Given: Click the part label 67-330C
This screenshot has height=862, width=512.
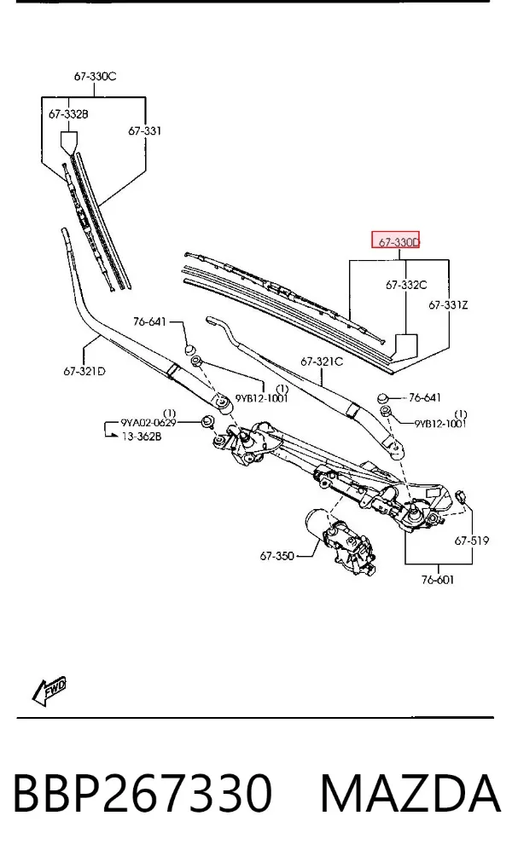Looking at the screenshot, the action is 95,77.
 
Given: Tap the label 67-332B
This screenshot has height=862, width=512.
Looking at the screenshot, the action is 68,114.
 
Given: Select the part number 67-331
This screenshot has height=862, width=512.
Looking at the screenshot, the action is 144,130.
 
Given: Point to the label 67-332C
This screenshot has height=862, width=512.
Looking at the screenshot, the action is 406,285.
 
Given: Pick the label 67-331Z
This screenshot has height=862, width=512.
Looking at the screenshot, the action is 448,304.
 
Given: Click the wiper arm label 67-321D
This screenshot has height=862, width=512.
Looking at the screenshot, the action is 84,371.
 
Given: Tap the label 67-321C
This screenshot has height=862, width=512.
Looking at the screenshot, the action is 322,362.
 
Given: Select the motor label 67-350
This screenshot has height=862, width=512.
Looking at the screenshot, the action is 276,556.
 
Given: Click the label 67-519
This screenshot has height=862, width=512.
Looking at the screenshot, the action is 471,541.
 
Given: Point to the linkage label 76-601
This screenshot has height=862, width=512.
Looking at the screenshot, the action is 438,580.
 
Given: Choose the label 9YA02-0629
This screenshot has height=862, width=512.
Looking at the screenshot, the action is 148,423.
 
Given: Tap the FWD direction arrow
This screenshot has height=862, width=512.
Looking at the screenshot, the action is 49,690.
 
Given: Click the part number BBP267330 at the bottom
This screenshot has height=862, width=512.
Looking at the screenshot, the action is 143,792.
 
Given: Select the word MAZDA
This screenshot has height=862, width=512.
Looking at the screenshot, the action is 410,792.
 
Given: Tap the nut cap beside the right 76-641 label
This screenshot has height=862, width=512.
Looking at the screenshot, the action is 383,397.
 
